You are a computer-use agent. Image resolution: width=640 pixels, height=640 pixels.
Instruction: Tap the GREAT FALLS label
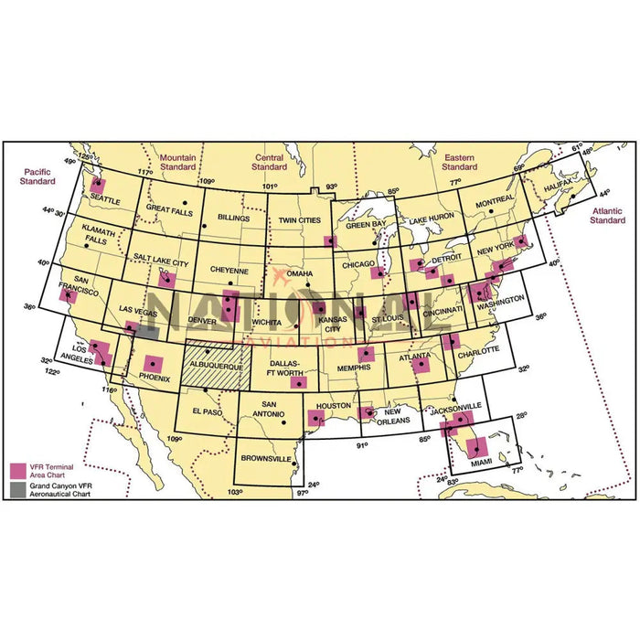(170, 208)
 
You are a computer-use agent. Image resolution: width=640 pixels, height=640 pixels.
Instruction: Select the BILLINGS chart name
(235, 218)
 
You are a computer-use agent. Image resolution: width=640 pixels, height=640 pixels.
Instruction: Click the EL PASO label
(208, 411)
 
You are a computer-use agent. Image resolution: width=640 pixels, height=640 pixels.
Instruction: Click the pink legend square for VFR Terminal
(17, 471)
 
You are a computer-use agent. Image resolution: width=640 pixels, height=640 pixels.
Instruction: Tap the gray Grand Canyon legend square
(17, 489)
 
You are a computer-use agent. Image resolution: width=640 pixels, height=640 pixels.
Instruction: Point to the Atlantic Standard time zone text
(606, 215)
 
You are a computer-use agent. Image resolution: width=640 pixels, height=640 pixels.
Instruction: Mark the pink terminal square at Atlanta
(421, 364)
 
